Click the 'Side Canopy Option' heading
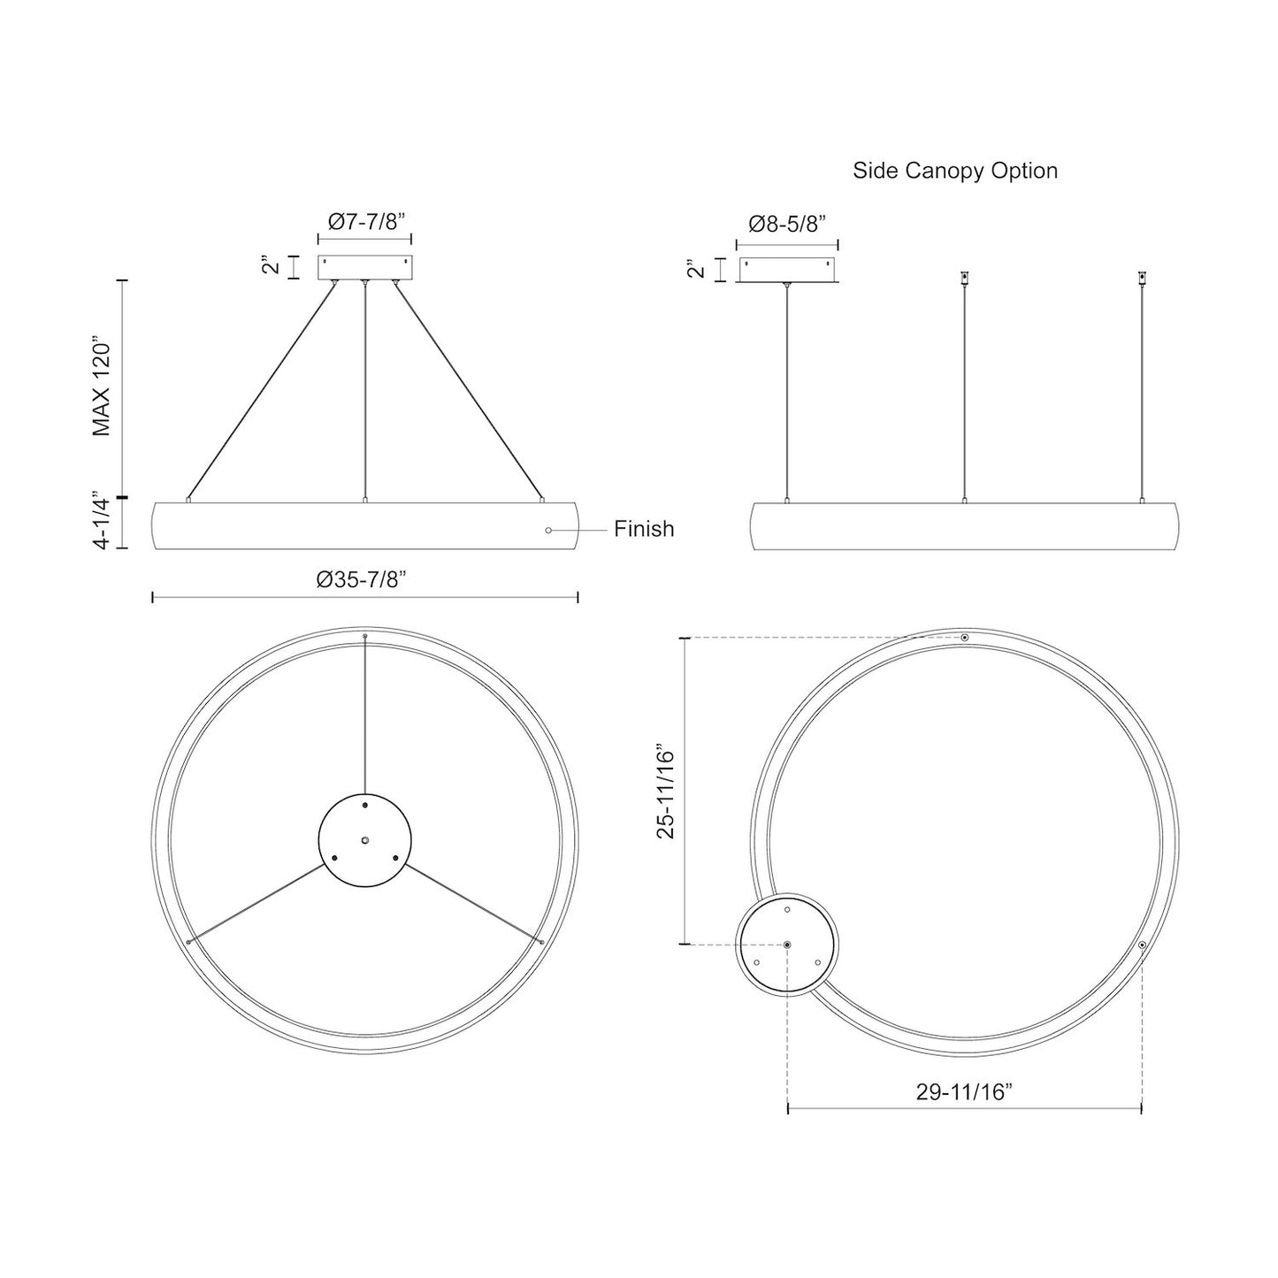(x=954, y=171)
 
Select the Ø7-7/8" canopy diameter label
(x=364, y=222)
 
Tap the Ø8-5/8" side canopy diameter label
(x=786, y=224)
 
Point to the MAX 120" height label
(x=103, y=386)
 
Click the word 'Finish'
(x=644, y=529)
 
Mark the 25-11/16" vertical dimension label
(x=666, y=791)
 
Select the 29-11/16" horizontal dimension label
(x=964, y=1091)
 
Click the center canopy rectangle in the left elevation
(x=364, y=268)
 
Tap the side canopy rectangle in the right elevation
(x=787, y=270)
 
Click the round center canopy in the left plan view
(x=364, y=839)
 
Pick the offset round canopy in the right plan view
(x=787, y=945)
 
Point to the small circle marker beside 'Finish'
(x=548, y=530)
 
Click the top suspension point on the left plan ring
(x=364, y=637)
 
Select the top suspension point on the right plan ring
(x=965, y=638)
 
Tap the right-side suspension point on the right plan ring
(x=1142, y=945)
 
